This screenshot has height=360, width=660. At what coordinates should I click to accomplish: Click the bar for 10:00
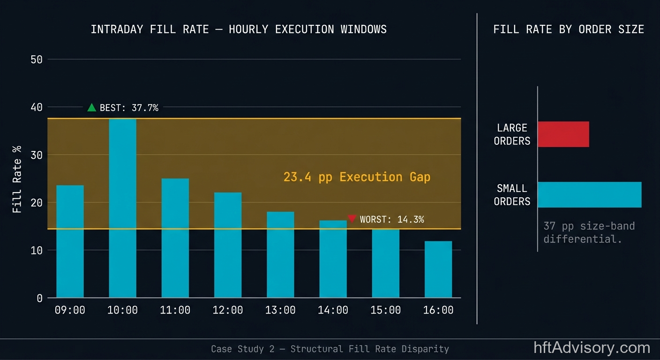click(122, 208)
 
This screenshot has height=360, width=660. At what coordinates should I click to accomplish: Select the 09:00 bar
click(70, 241)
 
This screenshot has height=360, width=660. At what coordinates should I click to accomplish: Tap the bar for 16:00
click(438, 269)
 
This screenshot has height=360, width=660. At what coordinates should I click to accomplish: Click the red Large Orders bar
click(563, 134)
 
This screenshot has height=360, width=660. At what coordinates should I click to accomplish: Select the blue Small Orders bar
click(589, 195)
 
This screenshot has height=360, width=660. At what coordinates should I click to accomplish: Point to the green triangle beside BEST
click(92, 107)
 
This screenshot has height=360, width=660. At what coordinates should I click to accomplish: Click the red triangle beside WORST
click(352, 218)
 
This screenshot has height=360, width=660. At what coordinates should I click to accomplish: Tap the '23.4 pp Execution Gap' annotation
click(357, 177)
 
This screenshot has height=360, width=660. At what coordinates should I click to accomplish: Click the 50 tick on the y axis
click(37, 60)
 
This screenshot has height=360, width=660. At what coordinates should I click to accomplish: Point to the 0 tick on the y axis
click(39, 298)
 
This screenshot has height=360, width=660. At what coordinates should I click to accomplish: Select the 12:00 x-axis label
click(228, 310)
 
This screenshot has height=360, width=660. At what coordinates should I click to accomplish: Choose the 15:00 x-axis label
click(386, 310)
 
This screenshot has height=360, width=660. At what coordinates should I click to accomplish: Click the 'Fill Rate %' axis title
click(17, 180)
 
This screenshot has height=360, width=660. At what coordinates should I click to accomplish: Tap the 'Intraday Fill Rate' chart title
click(239, 30)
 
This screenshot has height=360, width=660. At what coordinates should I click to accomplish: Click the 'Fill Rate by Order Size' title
click(569, 30)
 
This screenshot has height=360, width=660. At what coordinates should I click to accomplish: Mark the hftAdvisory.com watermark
click(592, 348)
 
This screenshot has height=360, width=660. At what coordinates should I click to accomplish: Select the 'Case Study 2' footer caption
click(330, 349)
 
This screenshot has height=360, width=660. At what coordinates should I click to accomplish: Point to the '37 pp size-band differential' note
click(589, 232)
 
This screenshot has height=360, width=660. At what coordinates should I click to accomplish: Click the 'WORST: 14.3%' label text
click(392, 219)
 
